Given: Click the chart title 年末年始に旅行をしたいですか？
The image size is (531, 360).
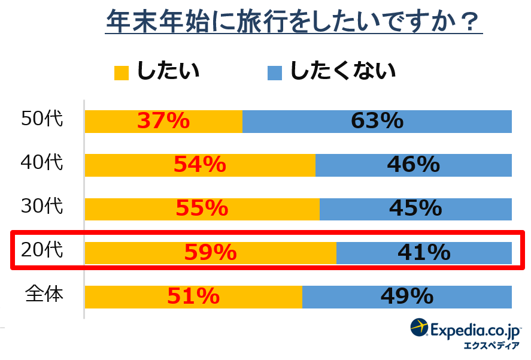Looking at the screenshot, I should pyautogui.click(x=293, y=23).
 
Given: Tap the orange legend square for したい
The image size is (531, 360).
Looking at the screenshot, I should pyautogui.click(x=122, y=72).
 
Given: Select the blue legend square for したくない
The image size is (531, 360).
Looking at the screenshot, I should pyautogui.click(x=274, y=72).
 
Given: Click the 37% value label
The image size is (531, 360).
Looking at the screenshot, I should pyautogui.click(x=163, y=122).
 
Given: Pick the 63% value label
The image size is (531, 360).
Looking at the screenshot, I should pyautogui.click(x=377, y=122).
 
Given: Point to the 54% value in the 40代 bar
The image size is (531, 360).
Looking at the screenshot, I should pyautogui.click(x=200, y=165).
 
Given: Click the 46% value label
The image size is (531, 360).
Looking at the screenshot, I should pyautogui.click(x=414, y=165).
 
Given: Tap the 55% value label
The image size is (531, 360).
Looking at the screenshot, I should pyautogui.click(x=202, y=208).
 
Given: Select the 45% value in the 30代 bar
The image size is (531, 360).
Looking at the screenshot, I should pyautogui.click(x=415, y=208).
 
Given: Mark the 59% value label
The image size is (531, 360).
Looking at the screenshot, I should pyautogui.click(x=210, y=253).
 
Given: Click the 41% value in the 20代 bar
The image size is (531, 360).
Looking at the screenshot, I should pyautogui.click(x=424, y=253).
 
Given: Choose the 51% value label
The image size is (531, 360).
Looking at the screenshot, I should pyautogui.click(x=193, y=297).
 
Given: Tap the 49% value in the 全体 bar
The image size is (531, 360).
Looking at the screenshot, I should pyautogui.click(x=407, y=297).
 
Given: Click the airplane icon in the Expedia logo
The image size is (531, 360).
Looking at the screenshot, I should pyautogui.click(x=420, y=328).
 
